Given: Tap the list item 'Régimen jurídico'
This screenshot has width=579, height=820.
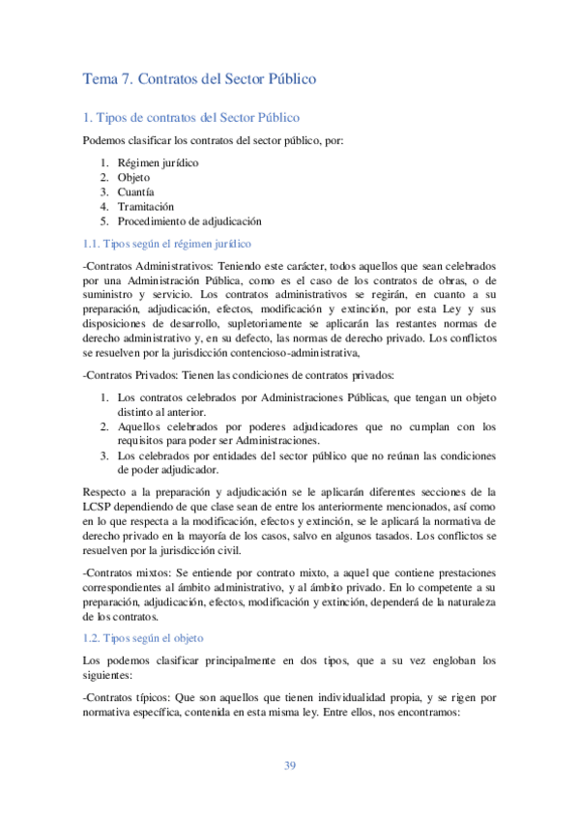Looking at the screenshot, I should coord(158,162).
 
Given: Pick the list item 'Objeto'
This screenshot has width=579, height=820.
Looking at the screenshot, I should coord(133,177).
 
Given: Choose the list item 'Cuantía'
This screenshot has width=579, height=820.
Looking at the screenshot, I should coord(135,191).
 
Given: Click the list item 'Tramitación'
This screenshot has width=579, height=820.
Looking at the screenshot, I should coord(146,206).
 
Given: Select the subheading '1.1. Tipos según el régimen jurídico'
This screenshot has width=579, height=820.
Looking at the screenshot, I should coord(167,243).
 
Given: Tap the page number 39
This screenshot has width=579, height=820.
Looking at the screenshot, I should coord(289,766).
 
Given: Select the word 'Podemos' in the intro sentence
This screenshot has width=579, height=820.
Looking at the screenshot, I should coord(106,141).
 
